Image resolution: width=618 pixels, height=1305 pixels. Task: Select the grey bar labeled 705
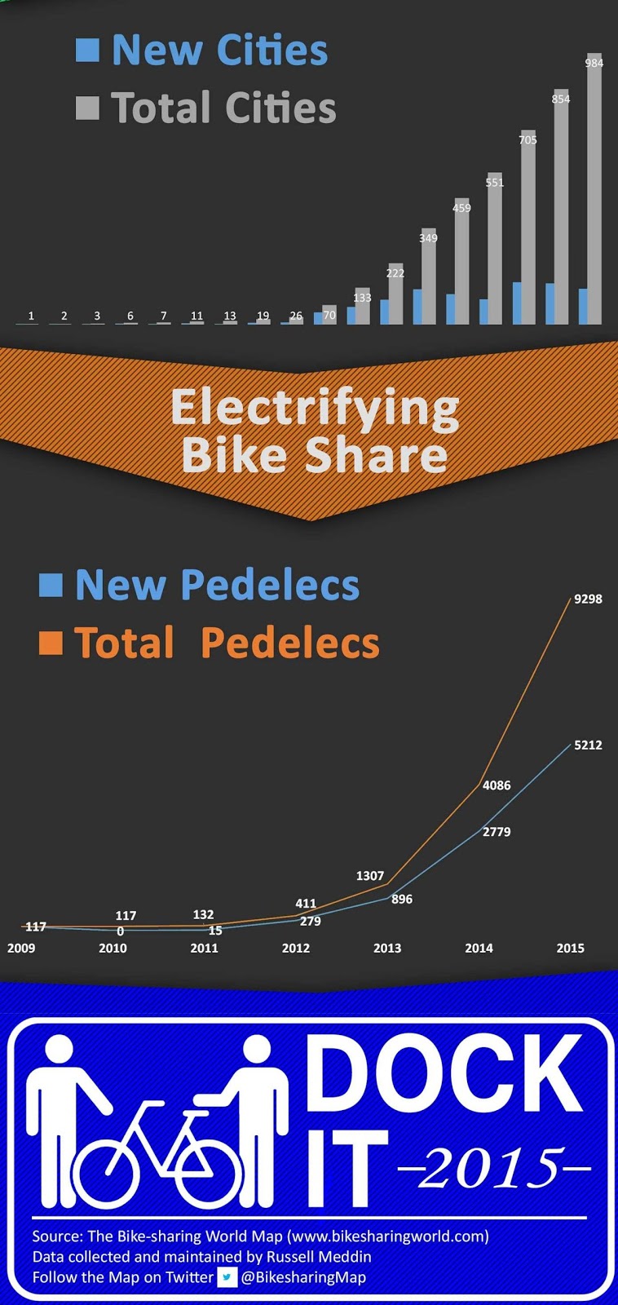click(528, 228)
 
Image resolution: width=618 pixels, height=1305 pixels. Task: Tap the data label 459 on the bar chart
click(461, 208)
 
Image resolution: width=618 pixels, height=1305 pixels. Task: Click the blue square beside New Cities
click(87, 50)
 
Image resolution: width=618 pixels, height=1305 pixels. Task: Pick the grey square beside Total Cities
click(87, 108)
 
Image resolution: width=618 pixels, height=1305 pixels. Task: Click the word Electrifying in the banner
click(315, 407)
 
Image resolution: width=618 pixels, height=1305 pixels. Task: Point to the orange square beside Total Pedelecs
click(51, 643)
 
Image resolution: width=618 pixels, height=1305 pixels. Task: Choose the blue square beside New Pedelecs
click(51, 585)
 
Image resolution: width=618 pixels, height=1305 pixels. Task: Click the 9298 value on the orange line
click(588, 599)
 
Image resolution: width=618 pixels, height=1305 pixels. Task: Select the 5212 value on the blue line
click(588, 745)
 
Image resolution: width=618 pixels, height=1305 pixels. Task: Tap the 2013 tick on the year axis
click(387, 948)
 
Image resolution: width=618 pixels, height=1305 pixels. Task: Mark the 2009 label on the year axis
click(21, 948)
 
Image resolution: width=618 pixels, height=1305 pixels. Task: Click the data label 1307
click(369, 876)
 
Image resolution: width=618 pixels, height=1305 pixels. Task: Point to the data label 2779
click(497, 832)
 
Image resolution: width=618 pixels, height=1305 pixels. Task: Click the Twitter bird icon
click(227, 1277)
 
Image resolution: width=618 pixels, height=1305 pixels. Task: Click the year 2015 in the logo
click(494, 1170)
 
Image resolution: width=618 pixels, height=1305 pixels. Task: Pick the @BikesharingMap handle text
click(303, 1277)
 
